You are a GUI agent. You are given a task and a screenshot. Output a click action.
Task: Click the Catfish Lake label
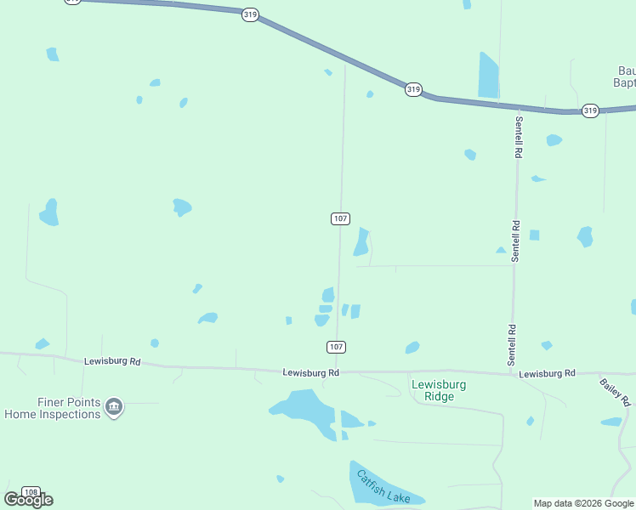click(x=384, y=484)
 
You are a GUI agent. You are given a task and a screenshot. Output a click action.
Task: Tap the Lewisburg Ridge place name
click(x=439, y=390)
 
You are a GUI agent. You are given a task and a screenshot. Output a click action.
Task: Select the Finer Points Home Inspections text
click(x=52, y=408)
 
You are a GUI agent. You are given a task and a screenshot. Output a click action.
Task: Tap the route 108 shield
click(x=31, y=492)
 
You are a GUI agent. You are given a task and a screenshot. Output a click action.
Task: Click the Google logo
click(x=28, y=500)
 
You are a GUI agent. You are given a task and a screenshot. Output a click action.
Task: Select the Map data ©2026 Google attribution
click(x=584, y=503)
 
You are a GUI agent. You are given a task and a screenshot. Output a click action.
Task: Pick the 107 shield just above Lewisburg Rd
click(x=336, y=347)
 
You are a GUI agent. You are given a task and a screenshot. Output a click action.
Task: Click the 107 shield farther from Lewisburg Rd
click(x=340, y=218)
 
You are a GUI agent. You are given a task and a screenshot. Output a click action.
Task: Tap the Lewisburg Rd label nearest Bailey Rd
click(x=547, y=373)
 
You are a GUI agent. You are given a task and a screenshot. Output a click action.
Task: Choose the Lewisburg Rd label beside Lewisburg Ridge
click(x=310, y=372)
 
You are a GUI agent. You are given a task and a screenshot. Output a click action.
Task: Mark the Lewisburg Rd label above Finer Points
click(x=111, y=361)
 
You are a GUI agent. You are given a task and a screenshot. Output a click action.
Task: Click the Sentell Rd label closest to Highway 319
click(x=517, y=137)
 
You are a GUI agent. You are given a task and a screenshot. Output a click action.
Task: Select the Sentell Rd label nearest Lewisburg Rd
click(x=512, y=345)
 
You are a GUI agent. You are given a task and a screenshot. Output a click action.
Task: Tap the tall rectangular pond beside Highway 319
click(x=488, y=75)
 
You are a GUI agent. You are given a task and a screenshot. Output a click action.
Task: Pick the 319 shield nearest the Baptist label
click(x=590, y=110)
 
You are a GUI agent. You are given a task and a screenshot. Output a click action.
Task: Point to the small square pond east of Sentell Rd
click(x=534, y=235)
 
